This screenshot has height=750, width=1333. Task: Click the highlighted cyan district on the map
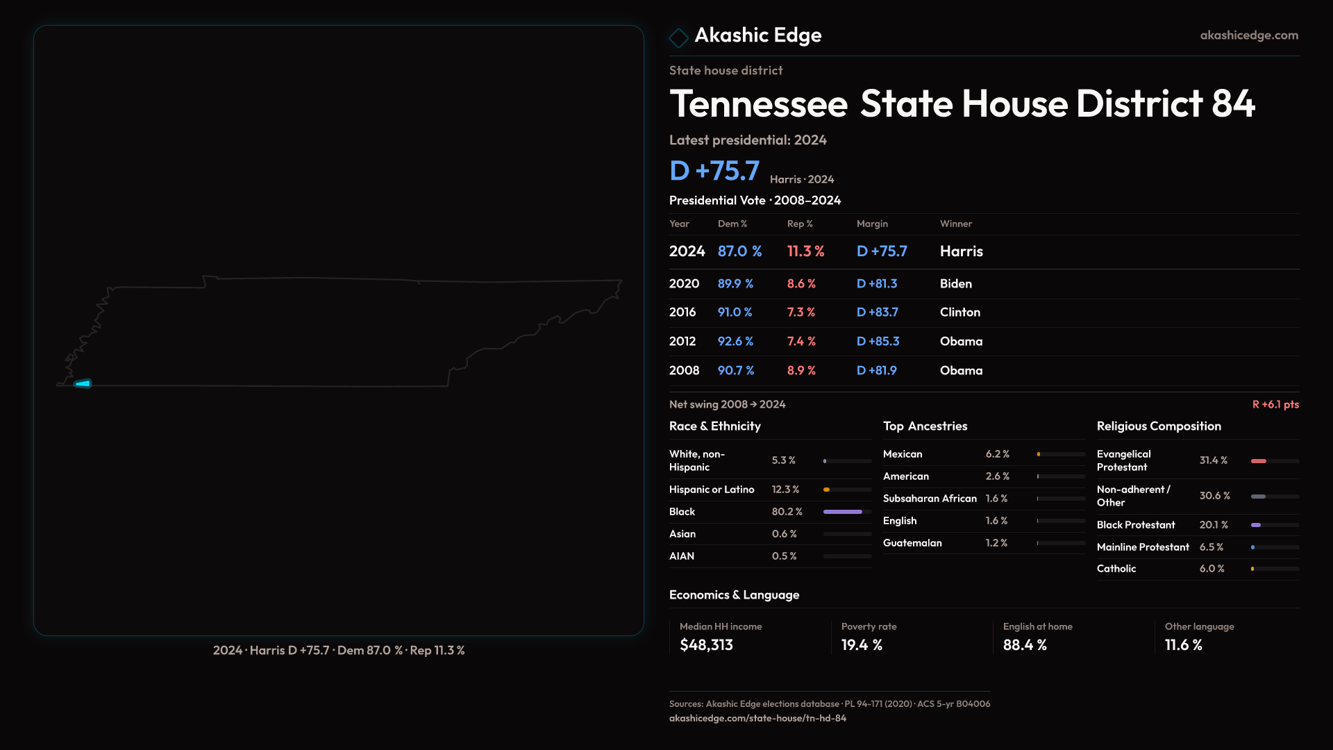point(83,383)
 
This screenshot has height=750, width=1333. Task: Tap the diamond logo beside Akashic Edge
point(678,37)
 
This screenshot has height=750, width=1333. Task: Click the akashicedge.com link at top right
point(1249,35)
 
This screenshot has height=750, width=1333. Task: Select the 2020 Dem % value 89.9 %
point(735,284)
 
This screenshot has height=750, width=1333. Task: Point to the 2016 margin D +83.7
point(877,312)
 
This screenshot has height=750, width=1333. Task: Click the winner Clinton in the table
point(959,312)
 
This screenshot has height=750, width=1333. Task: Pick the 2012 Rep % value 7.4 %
point(801,342)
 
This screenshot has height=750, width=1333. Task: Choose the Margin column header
point(872,224)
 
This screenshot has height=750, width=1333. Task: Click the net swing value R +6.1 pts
point(1275,404)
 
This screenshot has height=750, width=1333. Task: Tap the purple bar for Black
point(842,512)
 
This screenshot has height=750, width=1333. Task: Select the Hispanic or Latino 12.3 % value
point(785,490)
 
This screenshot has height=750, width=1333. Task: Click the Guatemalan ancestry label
point(912,543)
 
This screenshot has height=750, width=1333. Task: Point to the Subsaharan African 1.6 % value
point(996,499)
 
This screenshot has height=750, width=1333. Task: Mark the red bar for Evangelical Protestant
point(1259,461)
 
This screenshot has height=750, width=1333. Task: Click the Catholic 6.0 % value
point(1212,569)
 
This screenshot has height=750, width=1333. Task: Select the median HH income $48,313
point(706,645)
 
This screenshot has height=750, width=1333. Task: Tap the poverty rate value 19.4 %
point(862,645)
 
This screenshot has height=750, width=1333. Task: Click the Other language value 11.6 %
point(1183,645)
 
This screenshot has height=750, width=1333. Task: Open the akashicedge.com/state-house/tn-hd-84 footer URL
point(757,718)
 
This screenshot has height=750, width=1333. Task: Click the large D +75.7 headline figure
point(714,171)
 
